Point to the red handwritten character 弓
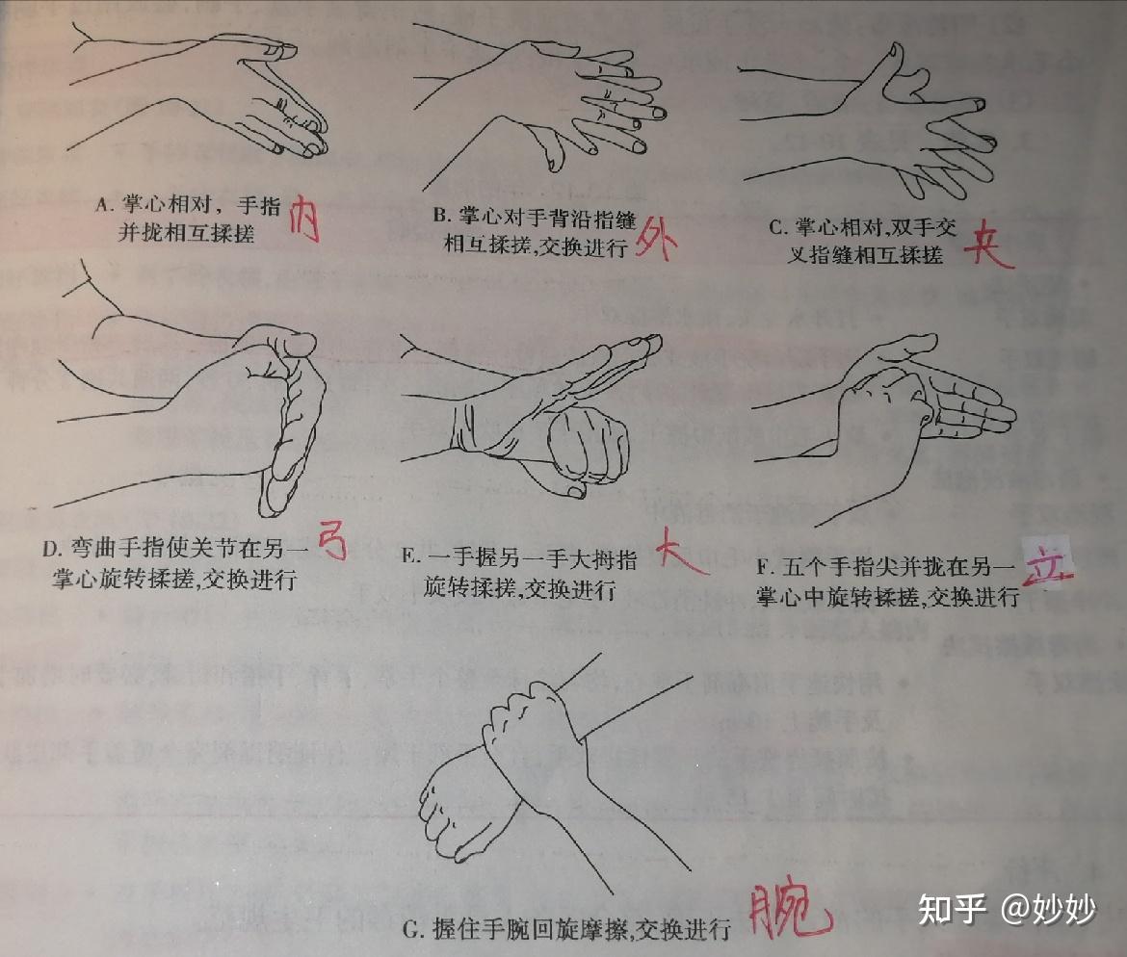(331, 545)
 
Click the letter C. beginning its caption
(777, 227)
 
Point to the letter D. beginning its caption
(51, 549)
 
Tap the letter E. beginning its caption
(408, 556)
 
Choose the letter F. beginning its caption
(764, 566)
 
